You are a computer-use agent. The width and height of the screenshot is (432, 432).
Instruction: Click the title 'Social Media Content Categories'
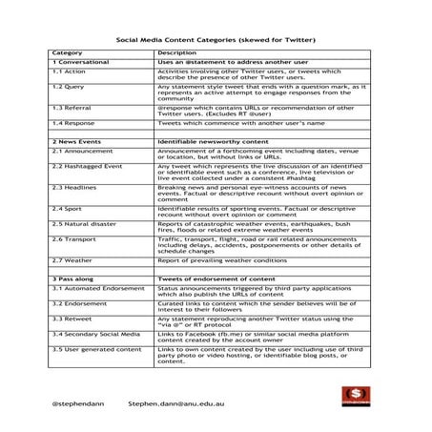216,40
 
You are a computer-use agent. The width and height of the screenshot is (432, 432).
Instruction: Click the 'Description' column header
177,51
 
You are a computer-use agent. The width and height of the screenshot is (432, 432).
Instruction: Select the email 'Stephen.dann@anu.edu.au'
179,403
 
